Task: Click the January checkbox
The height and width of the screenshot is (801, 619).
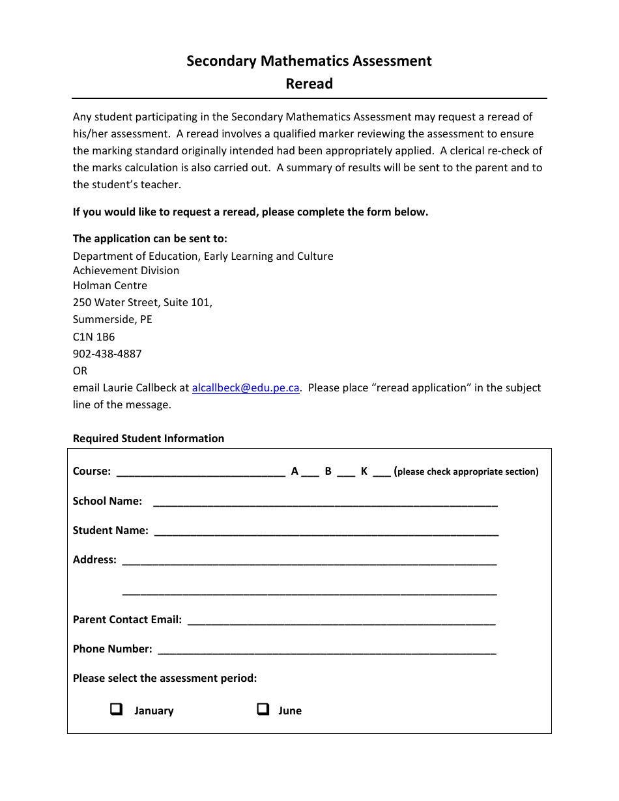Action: click(117, 710)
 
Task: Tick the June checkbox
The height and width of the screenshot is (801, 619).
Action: click(263, 710)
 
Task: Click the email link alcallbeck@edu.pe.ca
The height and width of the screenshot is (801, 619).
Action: click(246, 388)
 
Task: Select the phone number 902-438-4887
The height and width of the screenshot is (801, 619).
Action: click(107, 354)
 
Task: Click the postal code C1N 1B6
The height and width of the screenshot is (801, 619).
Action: click(94, 337)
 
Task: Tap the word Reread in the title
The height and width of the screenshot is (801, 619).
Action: click(309, 84)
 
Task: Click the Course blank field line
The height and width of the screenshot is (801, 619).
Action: click(201, 474)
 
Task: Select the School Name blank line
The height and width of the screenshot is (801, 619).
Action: click(325, 503)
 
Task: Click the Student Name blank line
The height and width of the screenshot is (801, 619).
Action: click(326, 533)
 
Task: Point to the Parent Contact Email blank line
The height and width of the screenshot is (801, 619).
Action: click(341, 623)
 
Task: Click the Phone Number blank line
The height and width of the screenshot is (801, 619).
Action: click(326, 651)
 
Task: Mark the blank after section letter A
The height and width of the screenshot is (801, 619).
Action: click(311, 474)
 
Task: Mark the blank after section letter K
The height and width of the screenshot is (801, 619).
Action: click(382, 474)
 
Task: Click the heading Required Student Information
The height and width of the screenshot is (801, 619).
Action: click(149, 439)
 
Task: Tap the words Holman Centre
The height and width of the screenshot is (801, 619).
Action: click(110, 286)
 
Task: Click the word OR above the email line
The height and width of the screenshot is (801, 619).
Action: click(80, 371)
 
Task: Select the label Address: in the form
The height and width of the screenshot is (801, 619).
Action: click(94, 560)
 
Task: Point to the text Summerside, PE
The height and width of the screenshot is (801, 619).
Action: click(113, 320)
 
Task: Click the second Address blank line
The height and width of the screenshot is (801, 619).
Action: click(309, 593)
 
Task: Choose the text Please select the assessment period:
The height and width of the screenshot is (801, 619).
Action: click(165, 679)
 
